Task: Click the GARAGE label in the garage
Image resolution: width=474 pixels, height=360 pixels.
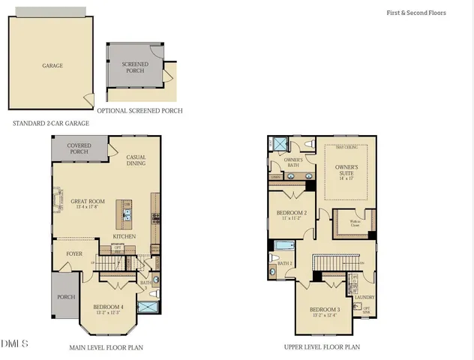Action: point(52,66)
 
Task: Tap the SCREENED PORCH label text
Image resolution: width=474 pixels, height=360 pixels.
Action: point(136,68)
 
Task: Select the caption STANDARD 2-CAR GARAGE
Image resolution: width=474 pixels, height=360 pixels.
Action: point(51,123)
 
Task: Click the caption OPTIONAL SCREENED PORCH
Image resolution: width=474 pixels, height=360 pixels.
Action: point(145,111)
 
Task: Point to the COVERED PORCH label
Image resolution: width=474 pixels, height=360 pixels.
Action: point(79,148)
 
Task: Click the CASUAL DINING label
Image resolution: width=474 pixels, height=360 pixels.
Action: point(136,160)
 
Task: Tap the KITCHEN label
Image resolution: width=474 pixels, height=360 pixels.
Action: point(124,236)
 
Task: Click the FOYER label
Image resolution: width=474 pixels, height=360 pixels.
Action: point(74,254)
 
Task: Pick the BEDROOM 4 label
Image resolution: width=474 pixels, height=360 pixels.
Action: point(109,307)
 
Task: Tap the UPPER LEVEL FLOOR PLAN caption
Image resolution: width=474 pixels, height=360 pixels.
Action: point(322,347)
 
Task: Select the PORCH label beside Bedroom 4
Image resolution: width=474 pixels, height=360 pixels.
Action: point(65,296)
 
